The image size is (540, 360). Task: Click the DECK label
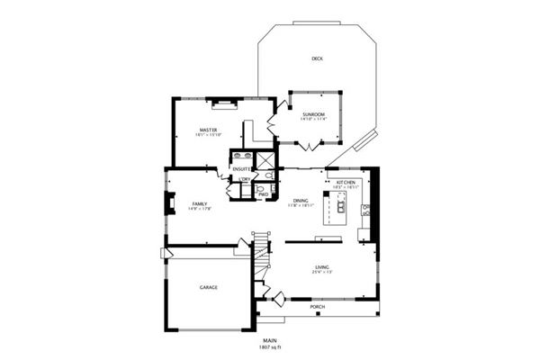pyautogui.click(x=317, y=58)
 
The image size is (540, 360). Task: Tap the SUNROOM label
pyautogui.click(x=313, y=113)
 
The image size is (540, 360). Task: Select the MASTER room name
pyautogui.click(x=208, y=130)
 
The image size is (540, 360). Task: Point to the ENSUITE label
pyautogui.click(x=241, y=169)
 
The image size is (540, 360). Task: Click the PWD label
pyautogui.click(x=264, y=194)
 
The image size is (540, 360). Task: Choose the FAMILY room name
pyautogui.click(x=199, y=203)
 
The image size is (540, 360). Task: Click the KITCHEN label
pyautogui.click(x=346, y=183)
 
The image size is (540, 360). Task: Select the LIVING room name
pyautogui.click(x=322, y=266)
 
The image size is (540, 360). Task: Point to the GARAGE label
pyautogui.click(x=209, y=288)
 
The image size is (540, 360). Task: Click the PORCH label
pyautogui.click(x=317, y=307)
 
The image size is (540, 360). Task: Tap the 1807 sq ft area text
pyautogui.click(x=269, y=346)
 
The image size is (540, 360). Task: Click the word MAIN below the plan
pyautogui.click(x=269, y=340)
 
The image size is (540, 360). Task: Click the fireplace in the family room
pyautogui.click(x=168, y=204)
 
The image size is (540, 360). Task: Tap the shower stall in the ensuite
pyautogui.click(x=265, y=163)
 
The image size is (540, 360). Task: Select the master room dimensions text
pyautogui.click(x=208, y=136)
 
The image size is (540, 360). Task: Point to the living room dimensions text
pyautogui.click(x=322, y=272)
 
